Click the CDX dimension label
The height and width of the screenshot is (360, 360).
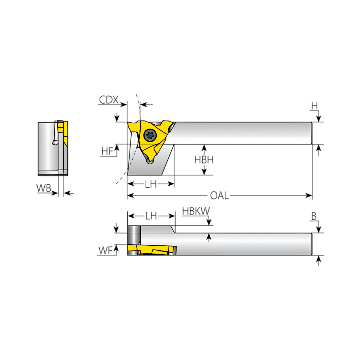pos(109,100)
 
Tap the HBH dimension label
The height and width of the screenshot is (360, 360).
pos(204,160)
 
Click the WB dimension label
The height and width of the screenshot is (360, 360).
pos(44,188)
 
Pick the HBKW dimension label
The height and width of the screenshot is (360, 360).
pos(196,211)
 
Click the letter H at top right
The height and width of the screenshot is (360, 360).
pos(314,106)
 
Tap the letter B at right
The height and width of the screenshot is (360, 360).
pos(314,216)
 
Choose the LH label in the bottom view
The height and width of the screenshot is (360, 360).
pos(151,216)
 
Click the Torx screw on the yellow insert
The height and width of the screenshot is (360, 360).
pos(149,135)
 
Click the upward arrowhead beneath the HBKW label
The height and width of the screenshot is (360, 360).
pos(209,236)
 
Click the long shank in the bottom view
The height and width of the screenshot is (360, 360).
pos(243,244)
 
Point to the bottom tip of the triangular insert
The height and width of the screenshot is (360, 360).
pos(151,162)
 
